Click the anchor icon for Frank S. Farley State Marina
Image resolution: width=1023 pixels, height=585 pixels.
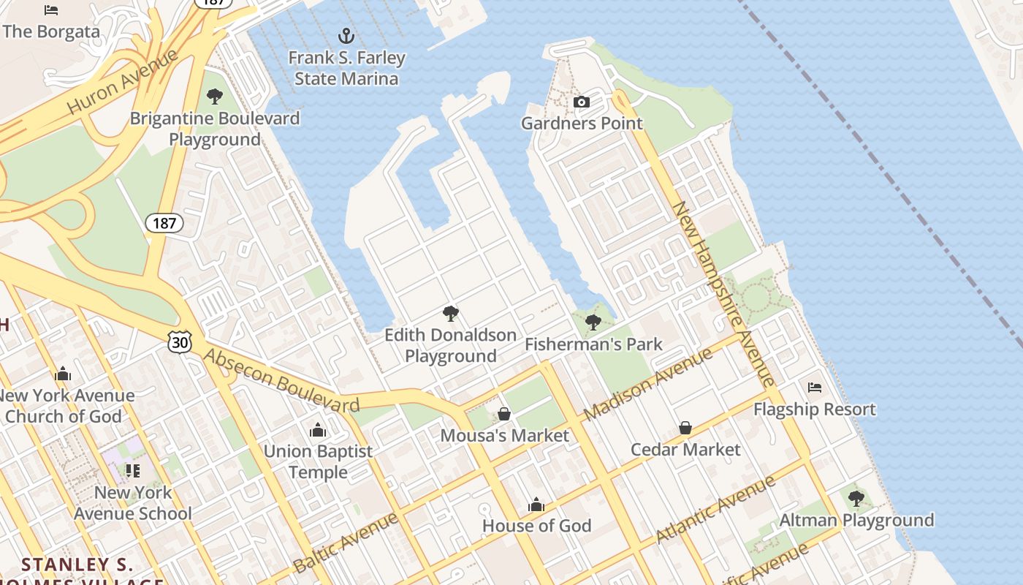click(346, 36)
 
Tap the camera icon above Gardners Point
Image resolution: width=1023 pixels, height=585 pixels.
click(582, 102)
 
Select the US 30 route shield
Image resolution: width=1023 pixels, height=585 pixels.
click(179, 341)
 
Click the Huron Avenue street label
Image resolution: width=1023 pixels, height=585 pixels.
click(123, 82)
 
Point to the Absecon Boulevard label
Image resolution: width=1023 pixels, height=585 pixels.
click(281, 381)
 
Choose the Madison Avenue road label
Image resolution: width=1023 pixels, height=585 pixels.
click(648, 385)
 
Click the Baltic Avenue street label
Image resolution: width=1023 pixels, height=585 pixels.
click(346, 543)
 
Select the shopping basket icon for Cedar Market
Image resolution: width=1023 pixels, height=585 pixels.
click(685, 428)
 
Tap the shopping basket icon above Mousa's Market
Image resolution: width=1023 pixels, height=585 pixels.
click(504, 414)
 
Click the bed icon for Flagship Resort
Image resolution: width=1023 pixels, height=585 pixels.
click(815, 387)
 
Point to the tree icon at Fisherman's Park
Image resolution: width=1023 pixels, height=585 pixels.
click(593, 322)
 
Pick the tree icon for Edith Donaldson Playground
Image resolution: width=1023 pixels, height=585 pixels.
click(451, 314)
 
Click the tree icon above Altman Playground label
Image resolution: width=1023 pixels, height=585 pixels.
click(856, 499)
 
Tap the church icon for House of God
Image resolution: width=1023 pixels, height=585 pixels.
click(536, 505)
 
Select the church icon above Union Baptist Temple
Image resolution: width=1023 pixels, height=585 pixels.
click(318, 429)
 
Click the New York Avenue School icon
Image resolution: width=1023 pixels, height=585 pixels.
click(132, 470)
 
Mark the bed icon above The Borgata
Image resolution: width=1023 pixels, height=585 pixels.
click(51, 10)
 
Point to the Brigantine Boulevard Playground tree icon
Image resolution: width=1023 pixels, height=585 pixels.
click(215, 96)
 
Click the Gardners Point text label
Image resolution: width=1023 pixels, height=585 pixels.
click(582, 123)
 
